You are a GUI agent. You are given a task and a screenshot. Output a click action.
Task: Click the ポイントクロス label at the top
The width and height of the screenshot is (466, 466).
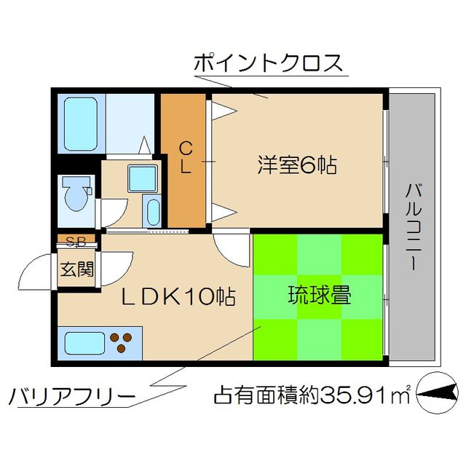(x=267, y=63)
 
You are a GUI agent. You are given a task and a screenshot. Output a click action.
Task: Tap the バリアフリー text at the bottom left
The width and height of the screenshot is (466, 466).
(x=72, y=397)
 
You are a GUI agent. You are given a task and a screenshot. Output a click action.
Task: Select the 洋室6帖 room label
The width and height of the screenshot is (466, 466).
(x=296, y=166)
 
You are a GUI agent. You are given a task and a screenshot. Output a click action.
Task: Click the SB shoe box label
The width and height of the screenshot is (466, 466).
(x=75, y=242)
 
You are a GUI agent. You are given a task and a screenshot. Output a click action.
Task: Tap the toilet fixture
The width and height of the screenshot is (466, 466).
(x=76, y=194)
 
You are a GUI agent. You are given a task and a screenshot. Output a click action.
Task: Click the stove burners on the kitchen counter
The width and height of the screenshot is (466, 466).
(x=123, y=340)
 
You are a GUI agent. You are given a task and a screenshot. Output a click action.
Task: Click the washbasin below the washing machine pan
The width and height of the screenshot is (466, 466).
(x=153, y=212)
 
